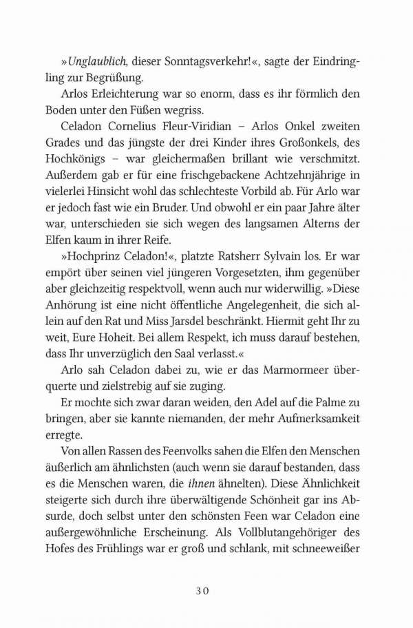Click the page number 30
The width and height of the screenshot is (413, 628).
(206, 591)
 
